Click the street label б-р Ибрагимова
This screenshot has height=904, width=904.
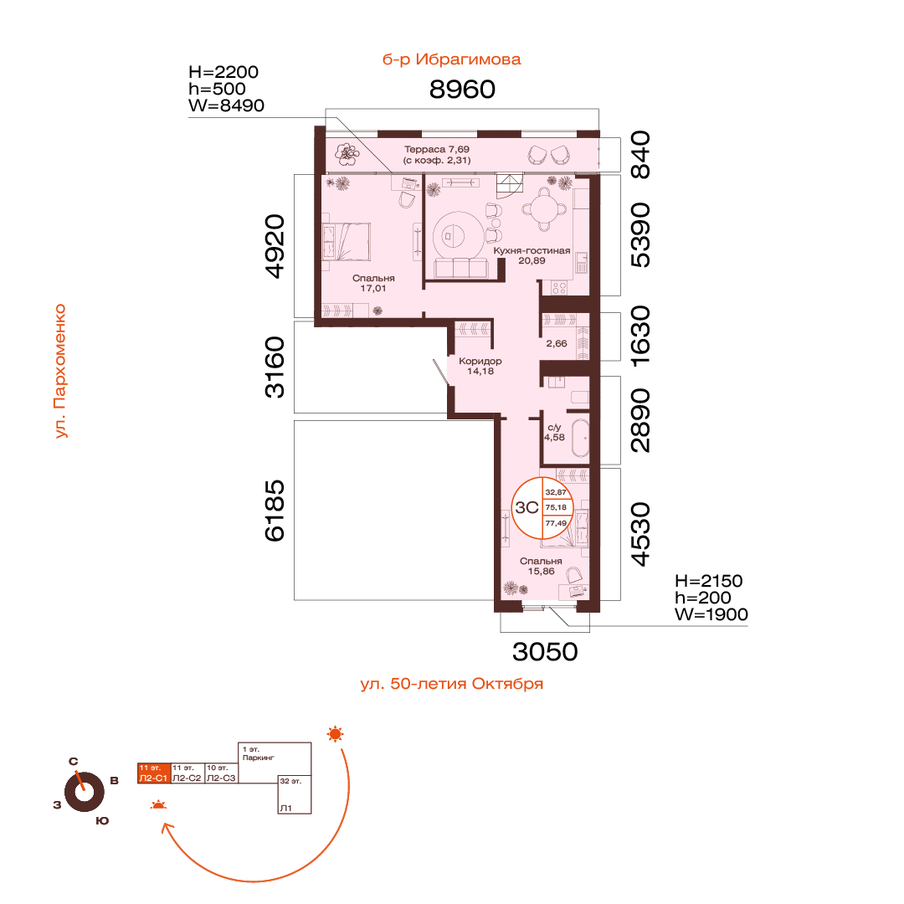pyautogui.click(x=451, y=59)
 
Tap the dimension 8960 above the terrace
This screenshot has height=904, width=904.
pyautogui.click(x=462, y=90)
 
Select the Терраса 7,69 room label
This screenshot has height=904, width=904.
pyautogui.click(x=437, y=149)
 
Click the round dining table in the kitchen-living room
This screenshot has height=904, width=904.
pyautogui.click(x=544, y=208)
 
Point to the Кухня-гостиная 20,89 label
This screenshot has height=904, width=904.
pyautogui.click(x=532, y=255)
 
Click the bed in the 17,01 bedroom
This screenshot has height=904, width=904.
pyautogui.click(x=346, y=242)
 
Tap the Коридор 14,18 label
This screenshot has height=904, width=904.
pyautogui.click(x=480, y=366)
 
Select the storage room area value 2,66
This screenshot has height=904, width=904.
pyautogui.click(x=557, y=344)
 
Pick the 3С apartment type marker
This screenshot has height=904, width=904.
pyautogui.click(x=526, y=507)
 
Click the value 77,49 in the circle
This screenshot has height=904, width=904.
pyautogui.click(x=556, y=523)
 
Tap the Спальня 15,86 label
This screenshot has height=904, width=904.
pyautogui.click(x=541, y=566)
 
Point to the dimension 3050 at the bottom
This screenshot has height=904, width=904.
pyautogui.click(x=545, y=652)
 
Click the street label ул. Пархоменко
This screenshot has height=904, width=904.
pyautogui.click(x=60, y=372)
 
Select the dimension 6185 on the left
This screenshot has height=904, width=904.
pyautogui.click(x=275, y=511)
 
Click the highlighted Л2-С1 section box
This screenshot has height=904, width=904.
pyautogui.click(x=154, y=773)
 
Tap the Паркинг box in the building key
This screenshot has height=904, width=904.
pyautogui.click(x=275, y=763)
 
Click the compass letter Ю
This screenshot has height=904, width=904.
pyautogui.click(x=102, y=821)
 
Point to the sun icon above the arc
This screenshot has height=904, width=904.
pyautogui.click(x=335, y=734)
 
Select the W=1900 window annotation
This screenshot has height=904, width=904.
pyautogui.click(x=711, y=614)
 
